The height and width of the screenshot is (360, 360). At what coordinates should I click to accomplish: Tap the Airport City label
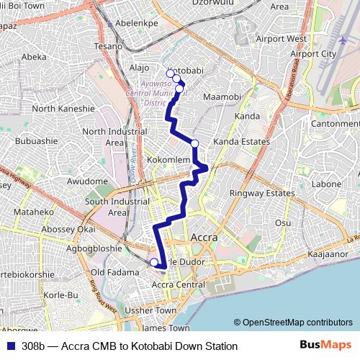pyautogui.click(x=313, y=54)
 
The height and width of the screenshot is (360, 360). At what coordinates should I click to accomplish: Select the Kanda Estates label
pyautogui.click(x=241, y=142)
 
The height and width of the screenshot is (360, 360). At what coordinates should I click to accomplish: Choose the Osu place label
pyautogui.click(x=284, y=223)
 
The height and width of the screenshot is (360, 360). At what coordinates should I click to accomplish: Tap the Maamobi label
pyautogui.click(x=220, y=96)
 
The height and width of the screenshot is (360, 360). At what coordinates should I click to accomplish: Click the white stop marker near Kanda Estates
pyautogui.click(x=194, y=143)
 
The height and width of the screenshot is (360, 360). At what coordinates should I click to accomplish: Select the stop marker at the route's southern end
pyautogui.click(x=153, y=263)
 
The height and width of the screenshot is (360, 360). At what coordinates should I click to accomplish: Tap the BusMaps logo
pyautogui.click(x=327, y=346)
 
